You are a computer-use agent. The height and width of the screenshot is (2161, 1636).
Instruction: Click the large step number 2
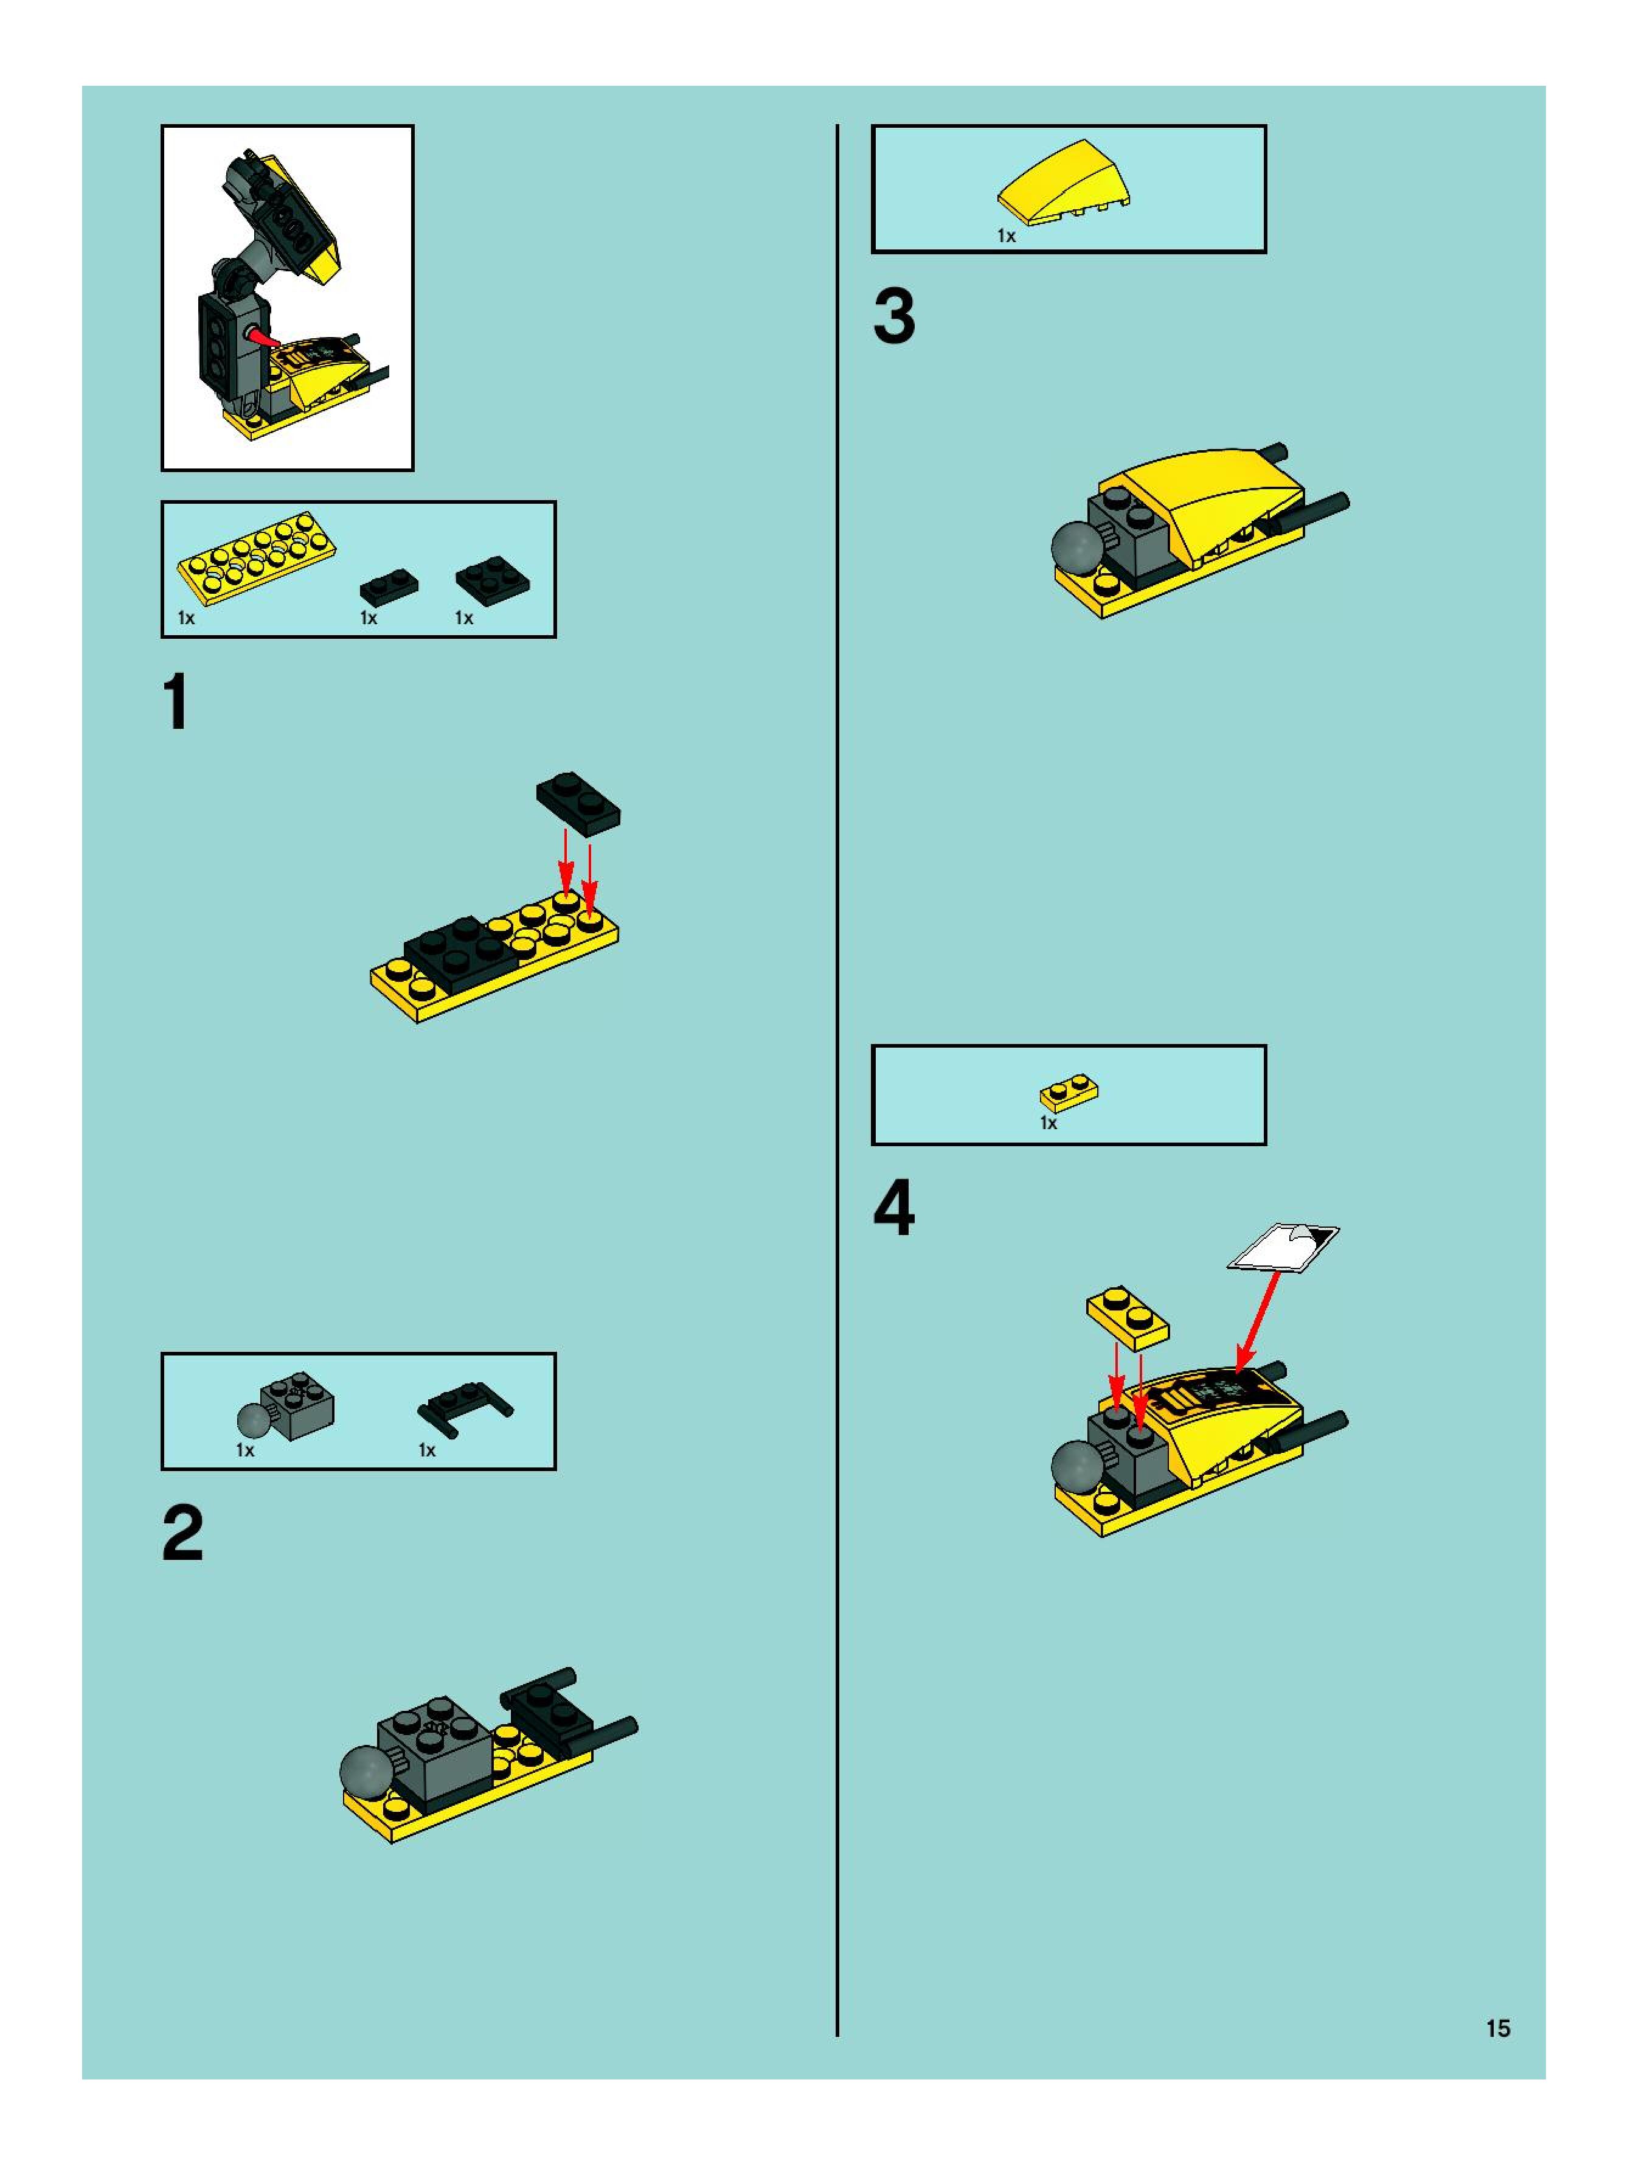tap(182, 1535)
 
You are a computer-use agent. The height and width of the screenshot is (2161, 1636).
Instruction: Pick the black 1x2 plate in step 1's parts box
tap(389, 585)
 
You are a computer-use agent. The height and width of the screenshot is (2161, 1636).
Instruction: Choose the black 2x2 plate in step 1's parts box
tap(492, 580)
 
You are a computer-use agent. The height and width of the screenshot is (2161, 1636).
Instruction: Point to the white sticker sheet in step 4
tap(1283, 1247)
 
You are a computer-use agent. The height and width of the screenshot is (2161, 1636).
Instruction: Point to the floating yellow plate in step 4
tap(1127, 1316)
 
